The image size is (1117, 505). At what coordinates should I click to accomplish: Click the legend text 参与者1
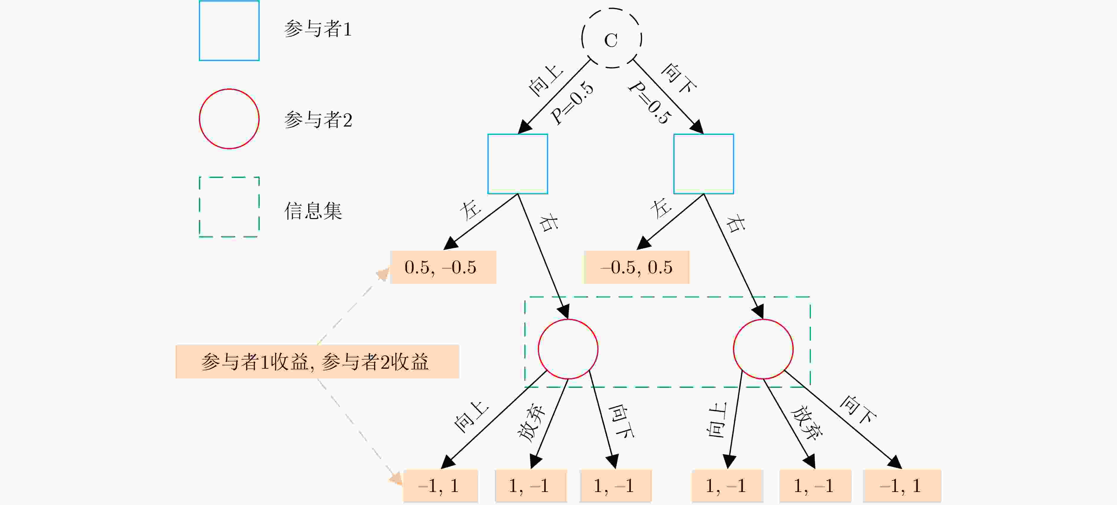(x=318, y=29)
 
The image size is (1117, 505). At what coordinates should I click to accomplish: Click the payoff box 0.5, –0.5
(x=443, y=267)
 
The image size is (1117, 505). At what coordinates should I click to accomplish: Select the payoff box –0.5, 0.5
(x=636, y=267)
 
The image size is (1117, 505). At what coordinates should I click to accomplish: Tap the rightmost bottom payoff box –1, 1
(x=902, y=486)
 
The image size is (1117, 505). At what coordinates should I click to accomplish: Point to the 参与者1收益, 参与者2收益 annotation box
(x=317, y=361)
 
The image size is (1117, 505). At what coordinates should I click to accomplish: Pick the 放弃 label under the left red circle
(x=532, y=423)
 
